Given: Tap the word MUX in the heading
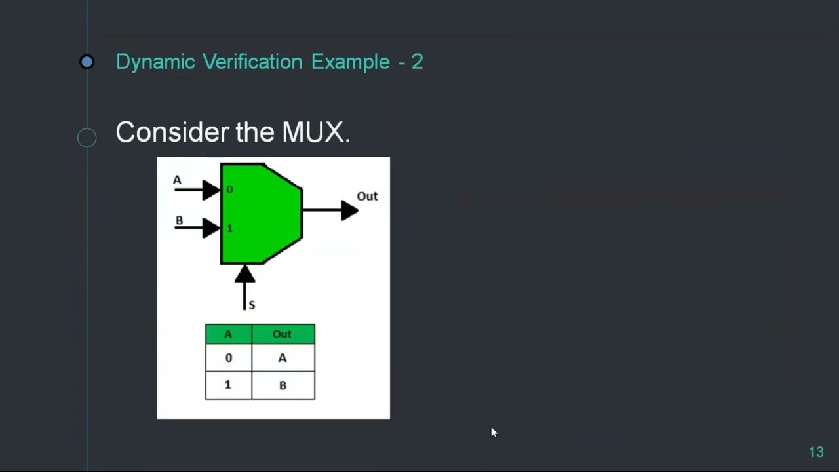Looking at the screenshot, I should point(313,132).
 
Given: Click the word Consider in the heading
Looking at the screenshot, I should point(172,132).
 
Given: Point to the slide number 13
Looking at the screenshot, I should point(816,452).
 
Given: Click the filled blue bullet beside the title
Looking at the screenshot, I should point(87,62).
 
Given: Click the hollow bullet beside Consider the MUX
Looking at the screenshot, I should point(87,138).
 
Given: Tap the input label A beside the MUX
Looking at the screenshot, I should point(177,180).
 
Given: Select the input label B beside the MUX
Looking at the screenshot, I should point(179,220).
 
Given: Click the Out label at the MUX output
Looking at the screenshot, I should point(367,196).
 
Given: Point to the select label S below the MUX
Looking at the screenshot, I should point(252,305).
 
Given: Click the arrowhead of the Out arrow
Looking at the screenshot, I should point(349,210).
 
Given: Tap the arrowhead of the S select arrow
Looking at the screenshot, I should point(244,274).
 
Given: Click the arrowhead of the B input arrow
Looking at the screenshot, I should point(211,228).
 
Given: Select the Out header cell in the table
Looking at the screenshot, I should point(283,334).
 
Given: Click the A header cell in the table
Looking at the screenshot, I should point(228,334).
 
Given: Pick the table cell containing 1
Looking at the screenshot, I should point(228,385).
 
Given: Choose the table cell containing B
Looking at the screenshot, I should point(283,385).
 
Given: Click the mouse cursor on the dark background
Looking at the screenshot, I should point(494,432).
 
